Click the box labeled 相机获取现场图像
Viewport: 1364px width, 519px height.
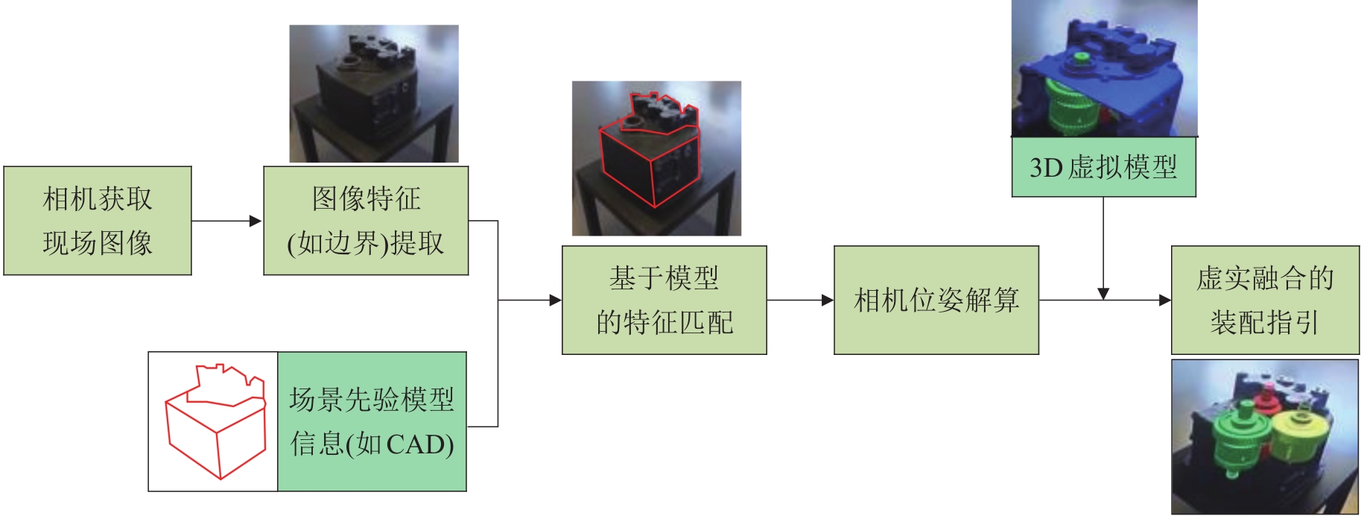pyautogui.click(x=98, y=221)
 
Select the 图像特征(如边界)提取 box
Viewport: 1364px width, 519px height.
pyautogui.click(x=366, y=221)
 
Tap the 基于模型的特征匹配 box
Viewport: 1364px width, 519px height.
pyautogui.click(x=664, y=300)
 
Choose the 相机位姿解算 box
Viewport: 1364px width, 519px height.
pyautogui.click(x=936, y=300)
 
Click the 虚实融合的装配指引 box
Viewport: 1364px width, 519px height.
pyautogui.click(x=1265, y=300)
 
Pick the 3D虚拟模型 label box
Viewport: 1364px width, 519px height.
pyautogui.click(x=1103, y=167)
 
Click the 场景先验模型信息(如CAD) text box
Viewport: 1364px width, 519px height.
pyautogui.click(x=372, y=421)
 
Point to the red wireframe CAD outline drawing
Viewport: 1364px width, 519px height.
pyautogui.click(x=215, y=421)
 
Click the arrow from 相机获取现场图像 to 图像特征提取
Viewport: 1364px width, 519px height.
pyautogui.click(x=226, y=221)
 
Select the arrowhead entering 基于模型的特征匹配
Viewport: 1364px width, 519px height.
pyautogui.click(x=555, y=300)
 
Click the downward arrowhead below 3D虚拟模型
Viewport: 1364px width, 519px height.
pyautogui.click(x=1103, y=293)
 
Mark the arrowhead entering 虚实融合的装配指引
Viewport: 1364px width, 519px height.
pyautogui.click(x=1165, y=300)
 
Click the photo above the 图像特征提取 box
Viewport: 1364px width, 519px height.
pyautogui.click(x=373, y=93)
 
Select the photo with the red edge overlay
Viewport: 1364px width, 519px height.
pyautogui.click(x=656, y=158)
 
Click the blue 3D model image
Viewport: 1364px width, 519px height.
pyautogui.click(x=1104, y=69)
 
